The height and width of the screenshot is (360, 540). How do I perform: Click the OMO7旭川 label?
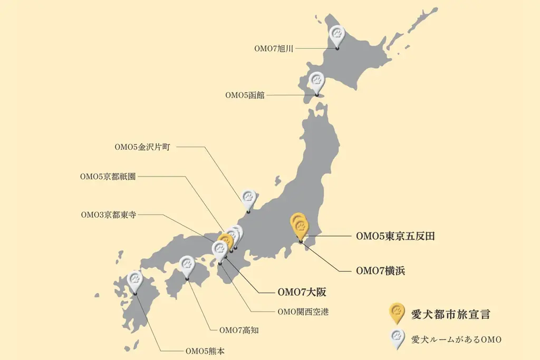(274, 48)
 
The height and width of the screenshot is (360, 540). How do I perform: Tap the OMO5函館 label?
(245, 95)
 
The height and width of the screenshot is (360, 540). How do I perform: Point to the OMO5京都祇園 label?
(108, 177)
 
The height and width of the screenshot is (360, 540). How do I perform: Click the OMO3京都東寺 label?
(108, 215)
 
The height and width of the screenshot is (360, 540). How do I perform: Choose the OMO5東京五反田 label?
(396, 236)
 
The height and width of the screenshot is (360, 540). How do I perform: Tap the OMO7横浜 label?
(380, 271)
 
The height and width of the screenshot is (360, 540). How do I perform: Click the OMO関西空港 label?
(303, 312)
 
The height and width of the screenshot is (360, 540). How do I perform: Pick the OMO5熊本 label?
(205, 350)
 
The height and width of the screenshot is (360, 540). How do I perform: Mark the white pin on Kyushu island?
(135, 280)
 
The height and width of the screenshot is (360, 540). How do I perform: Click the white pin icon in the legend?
(396, 338)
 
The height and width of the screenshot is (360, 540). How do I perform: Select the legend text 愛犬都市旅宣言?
(450, 315)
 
